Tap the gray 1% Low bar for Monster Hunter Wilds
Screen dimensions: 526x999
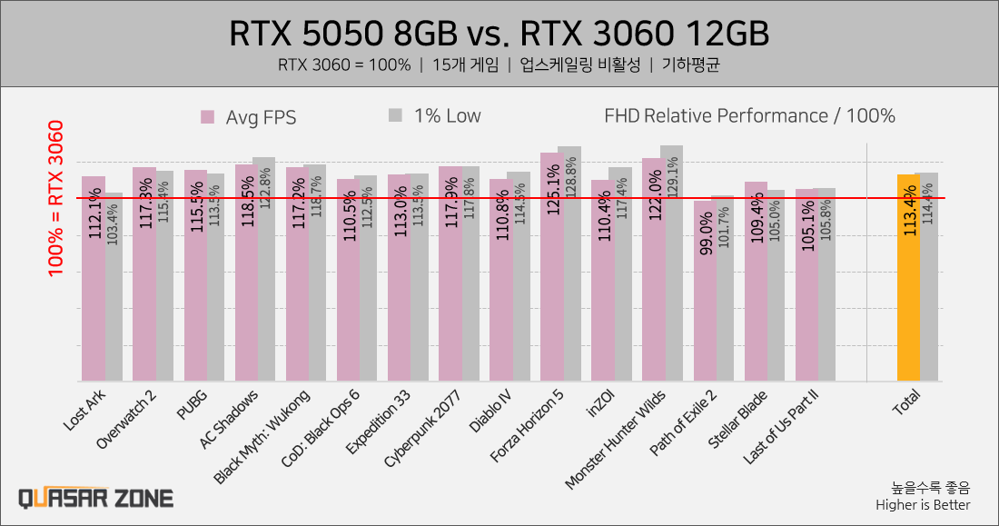click(x=672, y=273)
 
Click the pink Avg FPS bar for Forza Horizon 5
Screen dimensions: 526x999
click(x=552, y=273)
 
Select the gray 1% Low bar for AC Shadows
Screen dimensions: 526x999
click(x=264, y=273)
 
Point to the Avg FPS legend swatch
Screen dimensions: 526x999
click(x=207, y=116)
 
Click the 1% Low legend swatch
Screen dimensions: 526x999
click(x=395, y=115)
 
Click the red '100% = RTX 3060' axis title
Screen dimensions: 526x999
click(x=56, y=198)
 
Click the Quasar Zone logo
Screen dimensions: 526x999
click(x=96, y=498)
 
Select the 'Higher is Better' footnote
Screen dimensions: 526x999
click(x=923, y=505)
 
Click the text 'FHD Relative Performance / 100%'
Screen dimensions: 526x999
click(x=749, y=115)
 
